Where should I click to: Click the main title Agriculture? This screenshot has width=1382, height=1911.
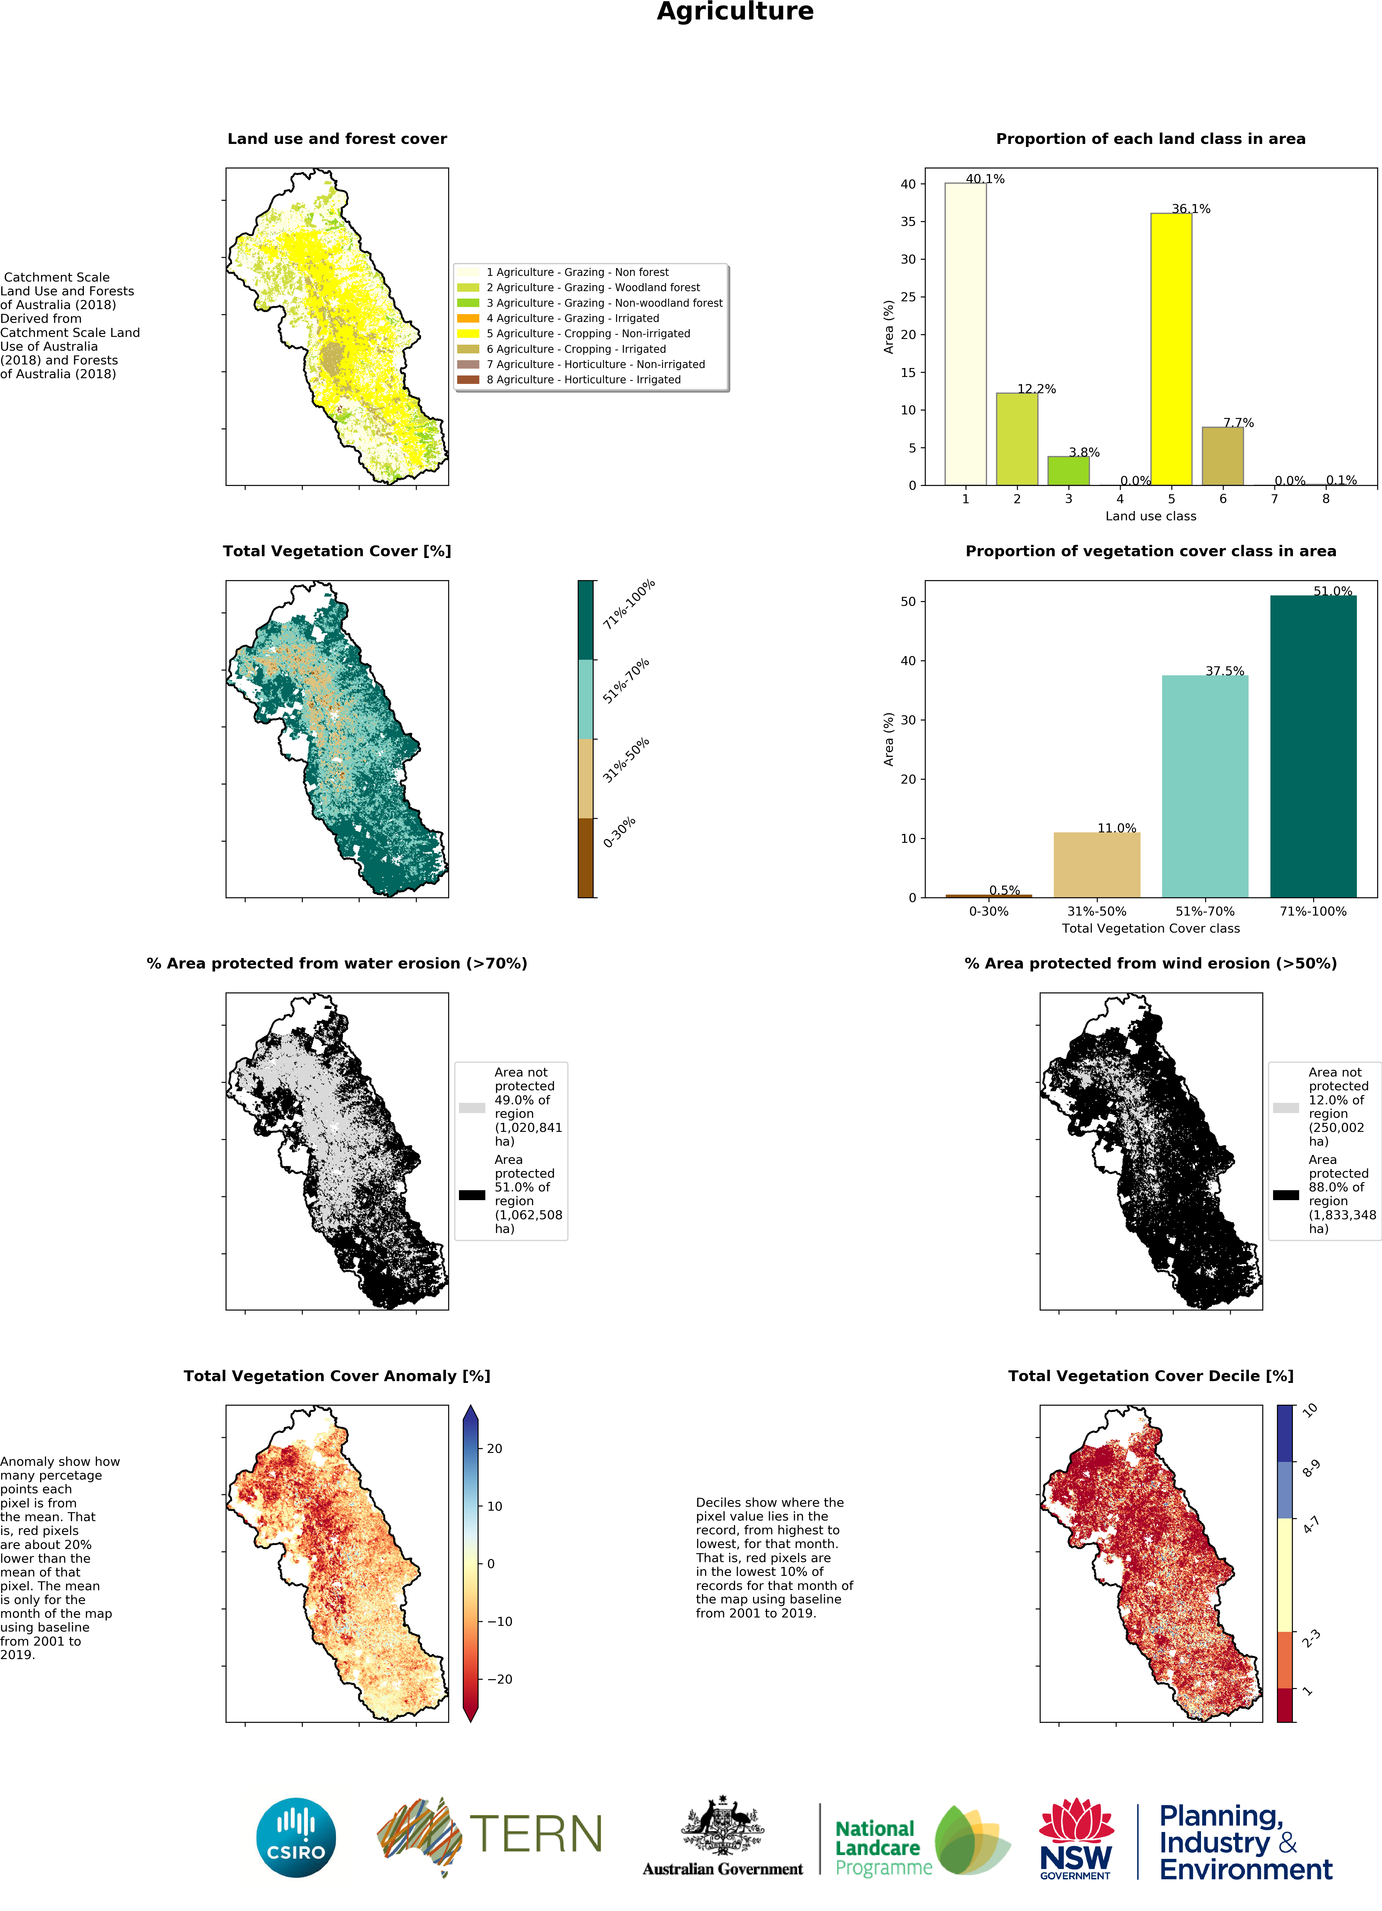(x=735, y=12)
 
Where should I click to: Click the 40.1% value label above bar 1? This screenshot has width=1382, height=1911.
(x=984, y=179)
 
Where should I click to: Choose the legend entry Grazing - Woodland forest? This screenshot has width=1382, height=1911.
(x=592, y=287)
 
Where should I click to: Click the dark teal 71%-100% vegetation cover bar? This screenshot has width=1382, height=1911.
(x=1312, y=746)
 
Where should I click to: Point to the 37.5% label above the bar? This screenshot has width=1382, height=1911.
(x=1224, y=671)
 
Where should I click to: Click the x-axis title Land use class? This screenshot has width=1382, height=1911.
(x=1150, y=516)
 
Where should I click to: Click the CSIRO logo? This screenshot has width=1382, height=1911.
(x=296, y=1838)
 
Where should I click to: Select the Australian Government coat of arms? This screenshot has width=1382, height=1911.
(x=722, y=1824)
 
